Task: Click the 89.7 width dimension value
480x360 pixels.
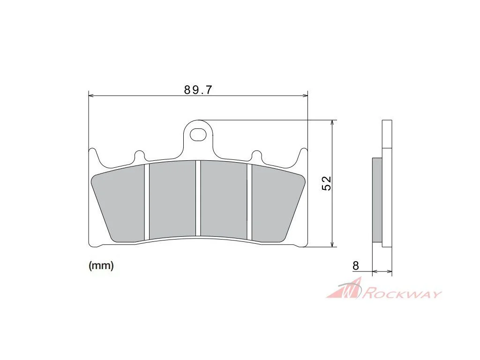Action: [198, 90]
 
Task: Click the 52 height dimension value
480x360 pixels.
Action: [327, 183]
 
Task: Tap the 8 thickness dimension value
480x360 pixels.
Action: [355, 265]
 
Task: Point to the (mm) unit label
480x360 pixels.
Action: [101, 265]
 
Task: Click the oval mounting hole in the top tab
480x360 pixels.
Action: [198, 135]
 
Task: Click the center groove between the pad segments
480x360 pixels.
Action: [198, 198]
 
